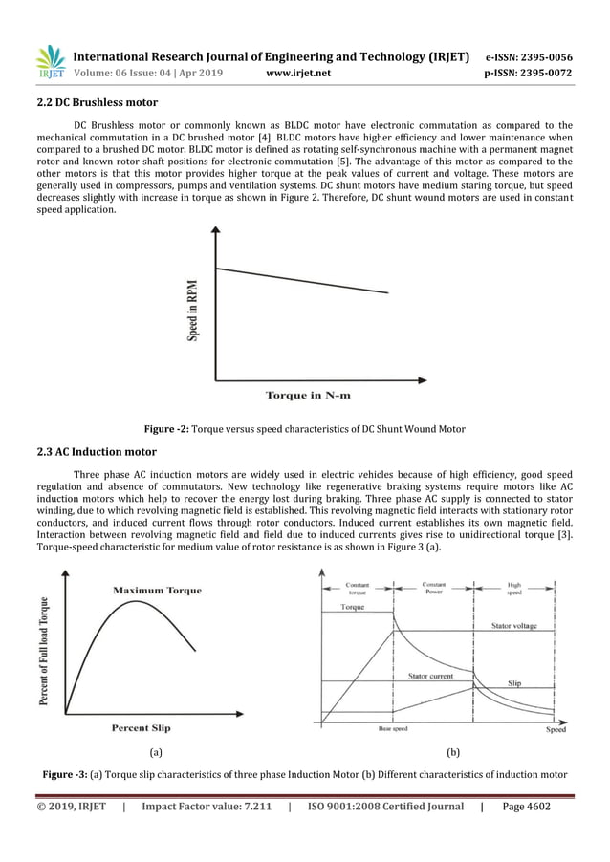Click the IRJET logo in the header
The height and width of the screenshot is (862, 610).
tap(50, 61)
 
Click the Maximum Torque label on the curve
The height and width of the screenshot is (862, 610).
tap(158, 590)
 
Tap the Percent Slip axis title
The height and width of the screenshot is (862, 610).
tap(142, 727)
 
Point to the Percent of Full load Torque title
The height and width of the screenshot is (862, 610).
tap(45, 647)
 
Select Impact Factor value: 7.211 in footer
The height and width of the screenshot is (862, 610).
tap(206, 807)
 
